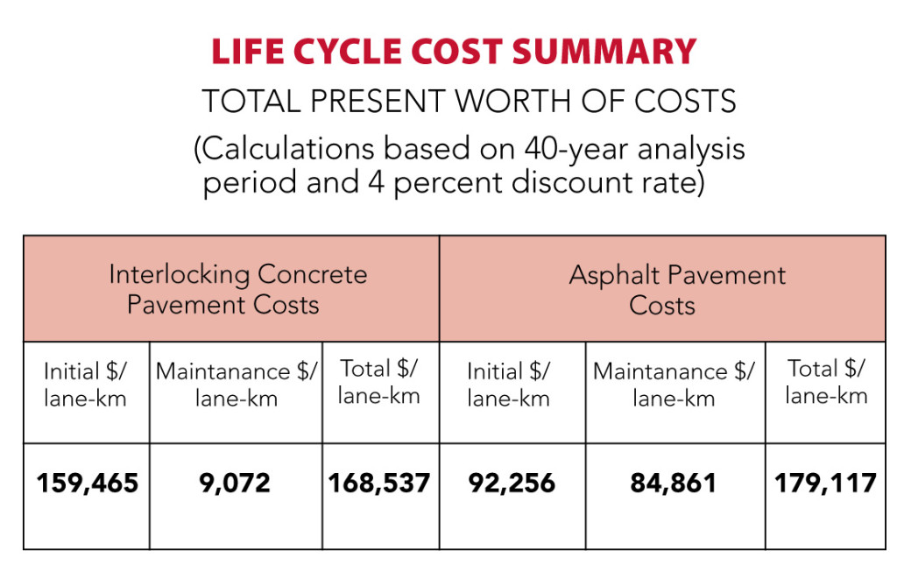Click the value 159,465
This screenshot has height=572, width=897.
coord(88,483)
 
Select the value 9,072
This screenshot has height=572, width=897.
coord(236,483)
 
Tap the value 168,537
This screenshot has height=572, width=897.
coord(379,483)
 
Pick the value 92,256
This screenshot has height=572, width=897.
coord(512,483)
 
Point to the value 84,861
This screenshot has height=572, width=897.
coord(674,483)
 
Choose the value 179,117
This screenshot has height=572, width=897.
coord(825,483)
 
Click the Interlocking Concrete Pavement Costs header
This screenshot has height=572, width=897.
coord(237,289)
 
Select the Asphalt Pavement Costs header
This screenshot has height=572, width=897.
coord(677,289)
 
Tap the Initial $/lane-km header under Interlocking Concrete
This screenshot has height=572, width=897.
coord(86,385)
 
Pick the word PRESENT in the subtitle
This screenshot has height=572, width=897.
coord(369,102)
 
